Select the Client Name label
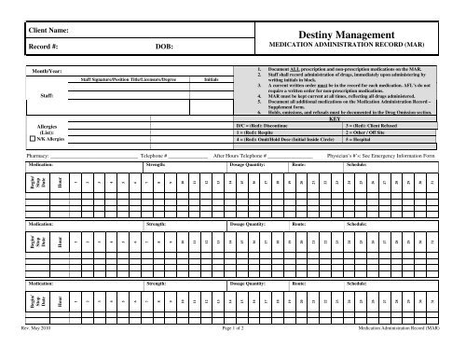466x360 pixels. (x=50, y=32)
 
